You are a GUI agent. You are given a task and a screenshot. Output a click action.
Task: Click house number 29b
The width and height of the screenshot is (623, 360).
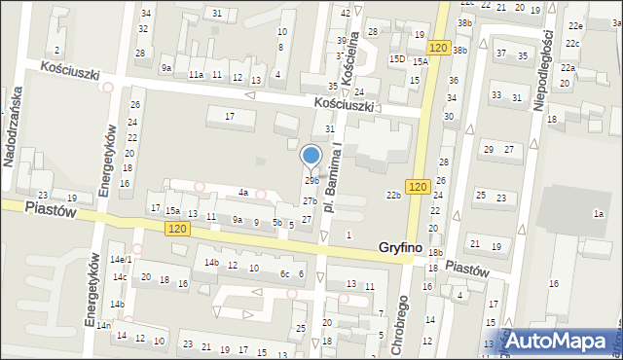(311, 181)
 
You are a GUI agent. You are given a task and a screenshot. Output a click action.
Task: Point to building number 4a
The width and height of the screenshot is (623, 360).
(244, 193)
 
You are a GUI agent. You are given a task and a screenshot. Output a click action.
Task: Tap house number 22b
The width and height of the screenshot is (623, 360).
(393, 196)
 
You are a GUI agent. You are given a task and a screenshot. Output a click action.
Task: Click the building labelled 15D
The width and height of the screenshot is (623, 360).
(397, 59)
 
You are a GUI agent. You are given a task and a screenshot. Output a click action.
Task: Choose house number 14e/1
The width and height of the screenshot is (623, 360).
(121, 260)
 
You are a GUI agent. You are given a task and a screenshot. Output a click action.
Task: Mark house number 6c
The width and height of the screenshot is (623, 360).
(285, 273)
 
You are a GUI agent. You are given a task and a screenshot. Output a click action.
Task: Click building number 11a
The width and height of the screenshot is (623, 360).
(197, 75)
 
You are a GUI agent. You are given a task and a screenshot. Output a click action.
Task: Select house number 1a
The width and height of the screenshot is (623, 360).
(599, 213)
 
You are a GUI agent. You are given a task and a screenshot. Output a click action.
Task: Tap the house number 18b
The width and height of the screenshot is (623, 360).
(434, 253)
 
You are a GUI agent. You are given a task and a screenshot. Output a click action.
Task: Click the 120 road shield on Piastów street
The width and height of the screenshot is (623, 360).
(176, 228)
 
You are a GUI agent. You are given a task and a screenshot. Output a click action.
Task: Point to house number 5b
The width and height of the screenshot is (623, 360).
(277, 223)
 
